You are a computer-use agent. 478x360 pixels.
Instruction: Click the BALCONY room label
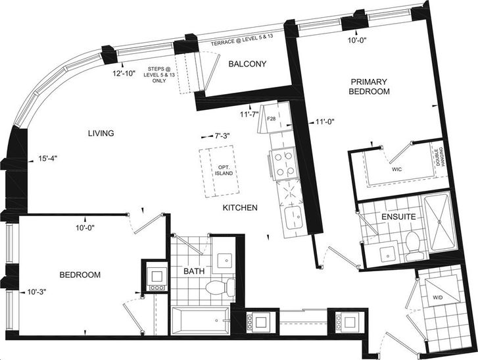click(247, 64)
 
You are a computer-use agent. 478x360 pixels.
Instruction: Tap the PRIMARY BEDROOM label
click(369, 86)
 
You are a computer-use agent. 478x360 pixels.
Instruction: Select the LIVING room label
click(101, 134)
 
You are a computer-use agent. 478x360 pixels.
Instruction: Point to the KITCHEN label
click(240, 208)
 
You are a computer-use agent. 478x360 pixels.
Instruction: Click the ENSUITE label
click(398, 217)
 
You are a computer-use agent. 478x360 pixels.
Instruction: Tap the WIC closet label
click(397, 169)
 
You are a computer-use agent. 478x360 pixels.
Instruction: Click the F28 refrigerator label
click(271, 118)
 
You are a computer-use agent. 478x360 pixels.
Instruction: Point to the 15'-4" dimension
click(48, 159)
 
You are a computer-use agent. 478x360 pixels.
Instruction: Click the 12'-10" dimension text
click(124, 74)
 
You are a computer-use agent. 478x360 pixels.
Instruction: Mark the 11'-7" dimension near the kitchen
click(249, 115)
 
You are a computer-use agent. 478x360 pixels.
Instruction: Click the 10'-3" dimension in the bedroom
click(37, 292)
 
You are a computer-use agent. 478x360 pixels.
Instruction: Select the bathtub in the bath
click(201, 321)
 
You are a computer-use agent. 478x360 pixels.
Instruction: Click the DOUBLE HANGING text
click(440, 157)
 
